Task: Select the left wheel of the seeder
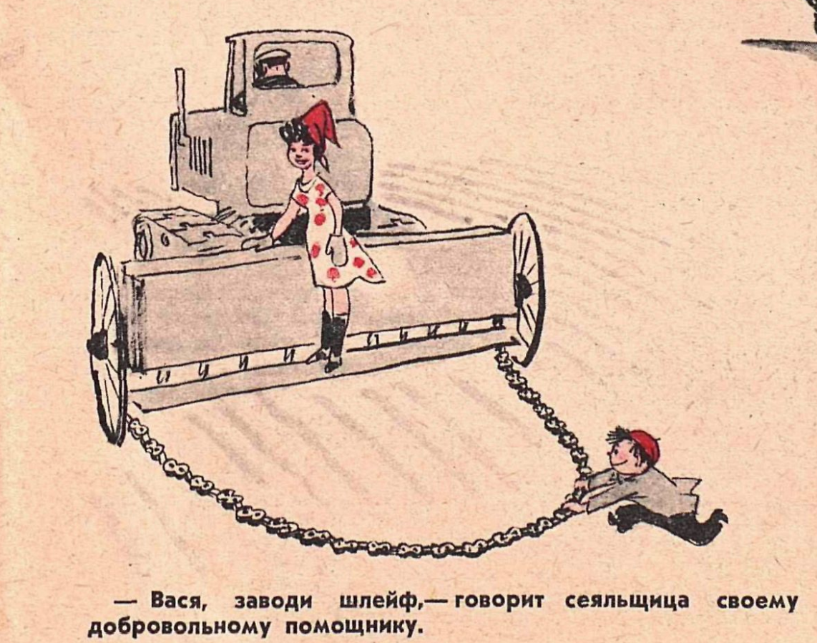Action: pyautogui.click(x=107, y=348)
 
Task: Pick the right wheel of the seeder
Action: pyautogui.click(x=526, y=287)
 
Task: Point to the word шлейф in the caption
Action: pyautogui.click(x=380, y=601)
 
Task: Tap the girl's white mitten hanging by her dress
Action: pyautogui.click(x=336, y=250)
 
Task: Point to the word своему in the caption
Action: pyautogui.click(x=757, y=601)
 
